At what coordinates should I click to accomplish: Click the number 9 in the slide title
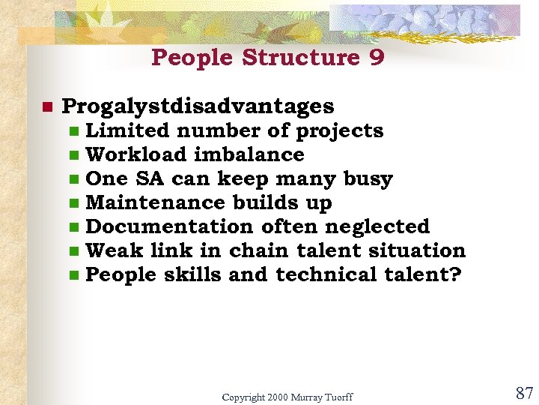376,58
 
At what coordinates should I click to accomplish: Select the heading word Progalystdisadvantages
198,106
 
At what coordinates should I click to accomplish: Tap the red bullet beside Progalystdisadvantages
46,106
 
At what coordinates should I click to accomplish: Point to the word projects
340,131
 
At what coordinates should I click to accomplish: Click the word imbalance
249,154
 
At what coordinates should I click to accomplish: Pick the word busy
368,179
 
